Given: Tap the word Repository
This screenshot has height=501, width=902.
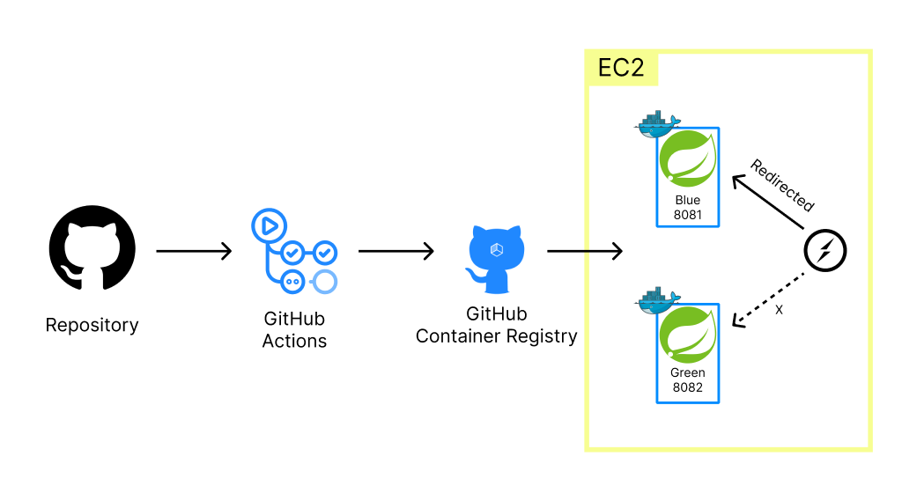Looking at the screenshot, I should tap(92, 325).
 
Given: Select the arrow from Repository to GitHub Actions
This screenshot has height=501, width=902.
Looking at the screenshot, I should tap(194, 251).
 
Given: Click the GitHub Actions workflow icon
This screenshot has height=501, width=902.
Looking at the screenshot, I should tap(294, 251).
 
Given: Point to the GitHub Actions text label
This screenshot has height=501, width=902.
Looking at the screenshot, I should tap(294, 329).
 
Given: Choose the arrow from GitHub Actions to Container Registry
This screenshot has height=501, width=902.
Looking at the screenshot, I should tap(396, 251).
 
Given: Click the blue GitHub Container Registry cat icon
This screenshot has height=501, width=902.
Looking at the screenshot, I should tap(496, 257).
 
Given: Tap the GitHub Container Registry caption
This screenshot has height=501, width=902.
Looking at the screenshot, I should tap(496, 325).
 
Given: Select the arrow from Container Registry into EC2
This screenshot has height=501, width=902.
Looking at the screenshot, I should tap(585, 251).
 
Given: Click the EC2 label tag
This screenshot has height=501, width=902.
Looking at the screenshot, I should tap(621, 68).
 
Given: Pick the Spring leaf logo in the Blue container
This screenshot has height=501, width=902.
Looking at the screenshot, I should tap(688, 158).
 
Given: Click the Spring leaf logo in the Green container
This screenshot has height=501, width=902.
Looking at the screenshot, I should tap(688, 335).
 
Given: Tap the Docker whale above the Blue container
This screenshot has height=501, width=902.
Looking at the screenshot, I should tap(656, 124).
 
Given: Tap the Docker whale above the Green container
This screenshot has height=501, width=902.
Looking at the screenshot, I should tap(656, 300).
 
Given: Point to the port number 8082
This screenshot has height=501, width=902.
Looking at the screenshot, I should tap(688, 387).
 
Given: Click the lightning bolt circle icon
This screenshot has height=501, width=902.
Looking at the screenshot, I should tap(825, 252).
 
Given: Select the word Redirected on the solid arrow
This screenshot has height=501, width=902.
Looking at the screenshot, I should tap(782, 186).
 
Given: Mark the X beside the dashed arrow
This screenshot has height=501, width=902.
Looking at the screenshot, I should tap(778, 310).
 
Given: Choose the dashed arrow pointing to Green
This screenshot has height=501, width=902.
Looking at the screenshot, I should tap(767, 296).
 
